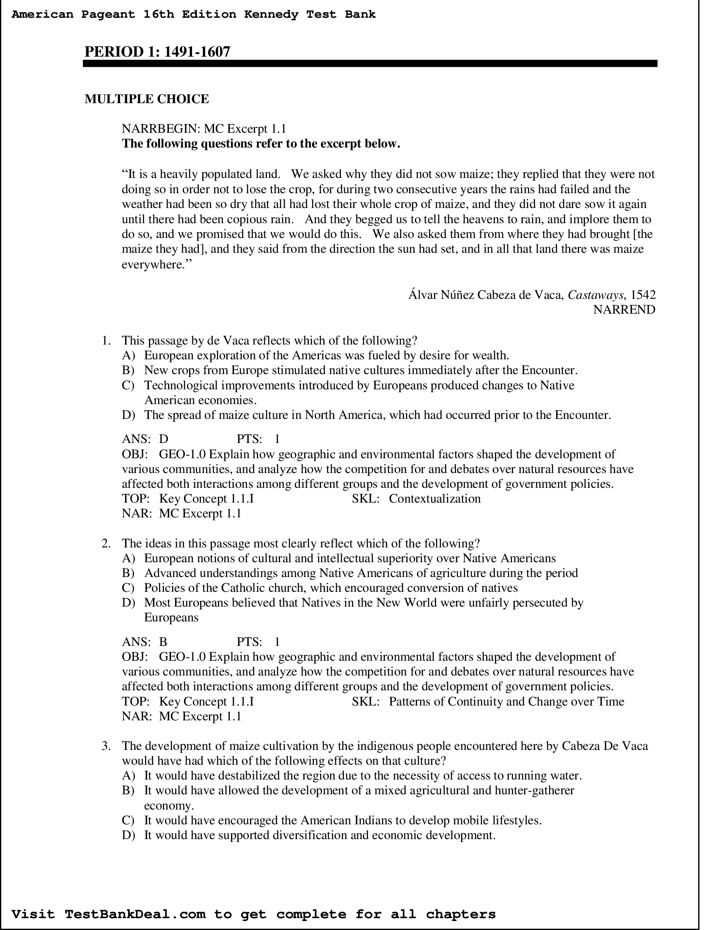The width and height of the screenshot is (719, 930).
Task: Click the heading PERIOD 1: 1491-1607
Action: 157,52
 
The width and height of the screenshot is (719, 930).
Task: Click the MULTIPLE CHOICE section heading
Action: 146,99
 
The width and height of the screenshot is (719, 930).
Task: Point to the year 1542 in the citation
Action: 643,294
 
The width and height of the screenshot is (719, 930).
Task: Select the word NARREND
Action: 624,309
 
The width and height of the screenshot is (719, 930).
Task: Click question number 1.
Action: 106,341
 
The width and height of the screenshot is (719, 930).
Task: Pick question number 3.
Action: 106,746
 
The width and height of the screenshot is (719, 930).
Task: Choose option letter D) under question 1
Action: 128,415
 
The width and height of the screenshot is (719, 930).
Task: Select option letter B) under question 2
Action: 128,573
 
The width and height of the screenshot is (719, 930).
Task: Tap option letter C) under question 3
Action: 128,820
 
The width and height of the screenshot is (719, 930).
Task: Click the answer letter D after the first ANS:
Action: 164,439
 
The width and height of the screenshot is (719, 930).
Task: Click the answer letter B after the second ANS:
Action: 163,642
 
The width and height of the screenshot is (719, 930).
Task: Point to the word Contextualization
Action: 434,499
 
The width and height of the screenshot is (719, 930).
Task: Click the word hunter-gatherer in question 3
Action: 534,790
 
